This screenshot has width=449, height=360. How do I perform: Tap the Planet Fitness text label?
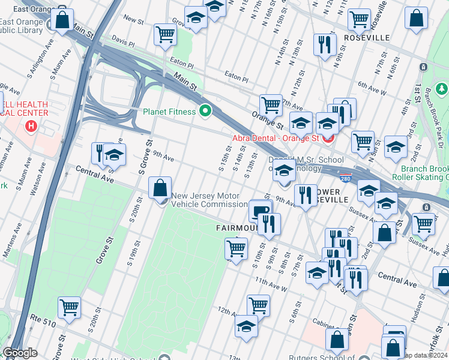coord(169,112)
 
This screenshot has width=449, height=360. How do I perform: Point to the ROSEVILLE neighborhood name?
coord(367,38)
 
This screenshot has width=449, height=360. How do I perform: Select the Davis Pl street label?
coord(123,44)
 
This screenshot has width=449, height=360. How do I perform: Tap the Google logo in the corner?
coord(20,353)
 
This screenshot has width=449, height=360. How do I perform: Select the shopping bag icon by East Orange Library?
coord(62,20)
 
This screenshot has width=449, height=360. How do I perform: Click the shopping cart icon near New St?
coord(165,34)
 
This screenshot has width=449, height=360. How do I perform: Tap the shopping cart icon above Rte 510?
coord(69,307)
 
